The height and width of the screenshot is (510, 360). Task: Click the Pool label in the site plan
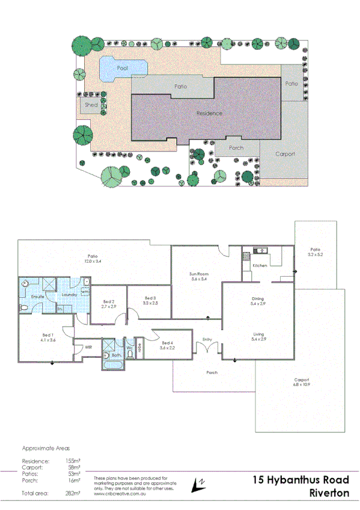(x=123, y=68)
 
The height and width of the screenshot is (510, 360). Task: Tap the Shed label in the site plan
(x=91, y=105)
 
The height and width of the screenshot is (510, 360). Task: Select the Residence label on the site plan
(x=209, y=113)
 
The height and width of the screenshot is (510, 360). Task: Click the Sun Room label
(x=199, y=274)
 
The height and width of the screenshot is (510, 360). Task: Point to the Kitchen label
(x=260, y=265)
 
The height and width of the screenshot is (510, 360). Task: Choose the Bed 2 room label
(x=109, y=302)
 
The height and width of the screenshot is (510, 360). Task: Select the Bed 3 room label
(x=150, y=298)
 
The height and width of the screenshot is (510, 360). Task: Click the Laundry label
(x=68, y=295)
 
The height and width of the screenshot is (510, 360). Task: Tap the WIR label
(x=88, y=347)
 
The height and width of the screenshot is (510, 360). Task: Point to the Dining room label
(x=258, y=298)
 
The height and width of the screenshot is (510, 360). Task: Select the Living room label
(x=258, y=334)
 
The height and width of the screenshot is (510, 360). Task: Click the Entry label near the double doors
(x=208, y=339)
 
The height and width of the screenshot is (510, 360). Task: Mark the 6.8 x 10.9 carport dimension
(x=301, y=384)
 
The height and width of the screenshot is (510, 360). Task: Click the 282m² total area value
(x=73, y=493)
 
